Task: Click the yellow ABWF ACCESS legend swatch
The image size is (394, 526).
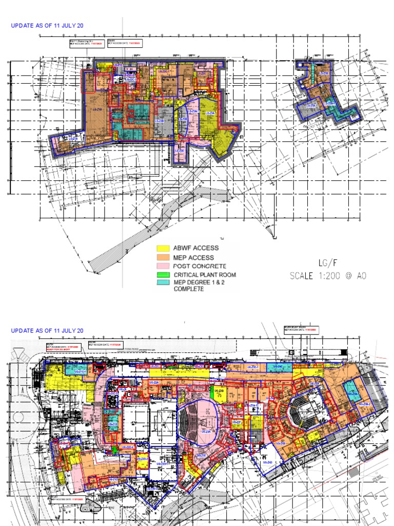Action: (163, 249)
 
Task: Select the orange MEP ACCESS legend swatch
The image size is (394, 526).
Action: (163, 257)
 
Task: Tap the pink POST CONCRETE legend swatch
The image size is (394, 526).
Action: (163, 266)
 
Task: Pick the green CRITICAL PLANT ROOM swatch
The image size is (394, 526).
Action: (163, 274)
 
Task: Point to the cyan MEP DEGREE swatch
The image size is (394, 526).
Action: (163, 283)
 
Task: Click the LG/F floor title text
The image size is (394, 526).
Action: (326, 263)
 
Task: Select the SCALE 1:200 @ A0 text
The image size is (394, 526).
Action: (328, 275)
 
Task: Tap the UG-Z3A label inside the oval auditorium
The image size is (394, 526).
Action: (206, 432)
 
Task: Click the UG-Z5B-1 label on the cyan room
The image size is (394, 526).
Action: (351, 393)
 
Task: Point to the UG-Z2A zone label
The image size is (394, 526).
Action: (153, 383)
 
